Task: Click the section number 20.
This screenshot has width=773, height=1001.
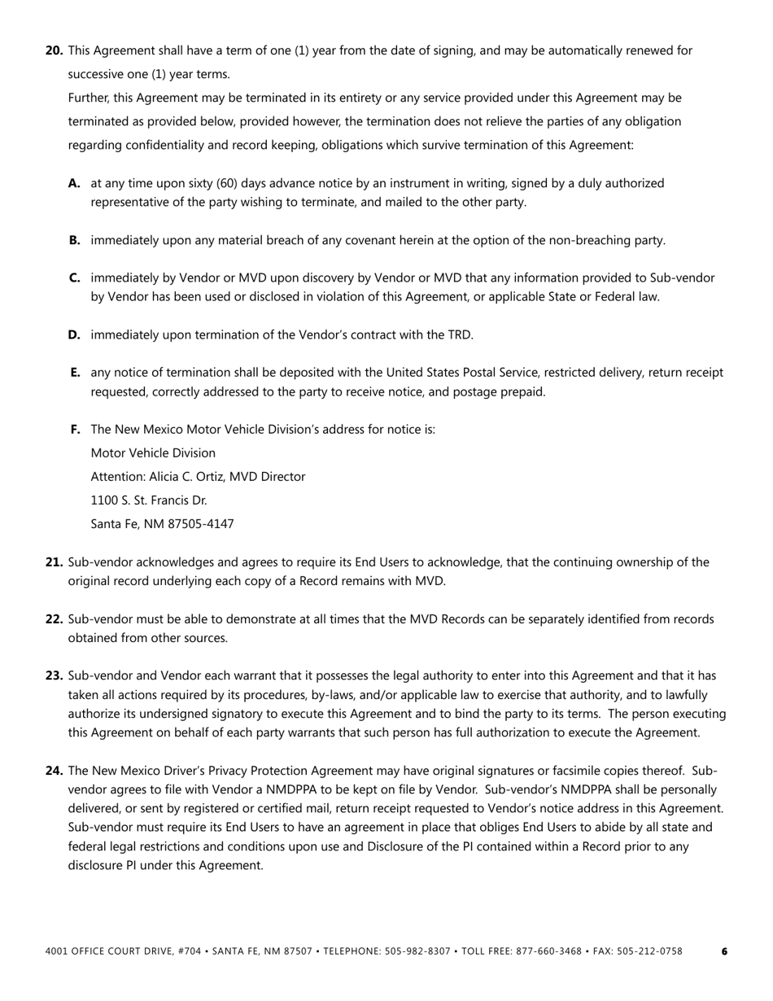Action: click(54, 50)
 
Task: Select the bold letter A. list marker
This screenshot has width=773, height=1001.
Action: click(75, 183)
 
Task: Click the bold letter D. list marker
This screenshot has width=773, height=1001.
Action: click(75, 334)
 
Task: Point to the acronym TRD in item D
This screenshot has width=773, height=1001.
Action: click(460, 334)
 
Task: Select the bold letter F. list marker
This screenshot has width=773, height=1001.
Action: click(76, 429)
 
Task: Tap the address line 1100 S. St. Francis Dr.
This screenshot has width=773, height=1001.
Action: click(149, 500)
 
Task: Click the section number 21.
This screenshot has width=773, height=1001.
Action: click(54, 562)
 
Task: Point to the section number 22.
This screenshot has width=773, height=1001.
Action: click(54, 619)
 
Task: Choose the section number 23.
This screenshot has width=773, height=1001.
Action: click(54, 675)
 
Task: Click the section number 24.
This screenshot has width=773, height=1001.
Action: click(54, 771)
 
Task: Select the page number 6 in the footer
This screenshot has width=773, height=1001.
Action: click(724, 951)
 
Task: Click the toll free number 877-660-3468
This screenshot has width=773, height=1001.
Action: click(551, 951)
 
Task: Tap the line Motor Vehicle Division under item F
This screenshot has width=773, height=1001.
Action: click(153, 453)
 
